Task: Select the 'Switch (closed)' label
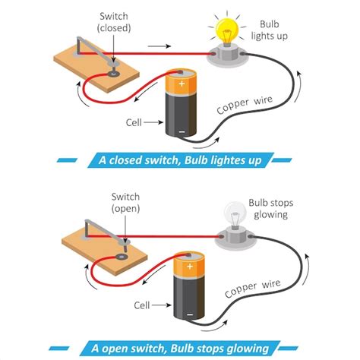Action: click(115, 22)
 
